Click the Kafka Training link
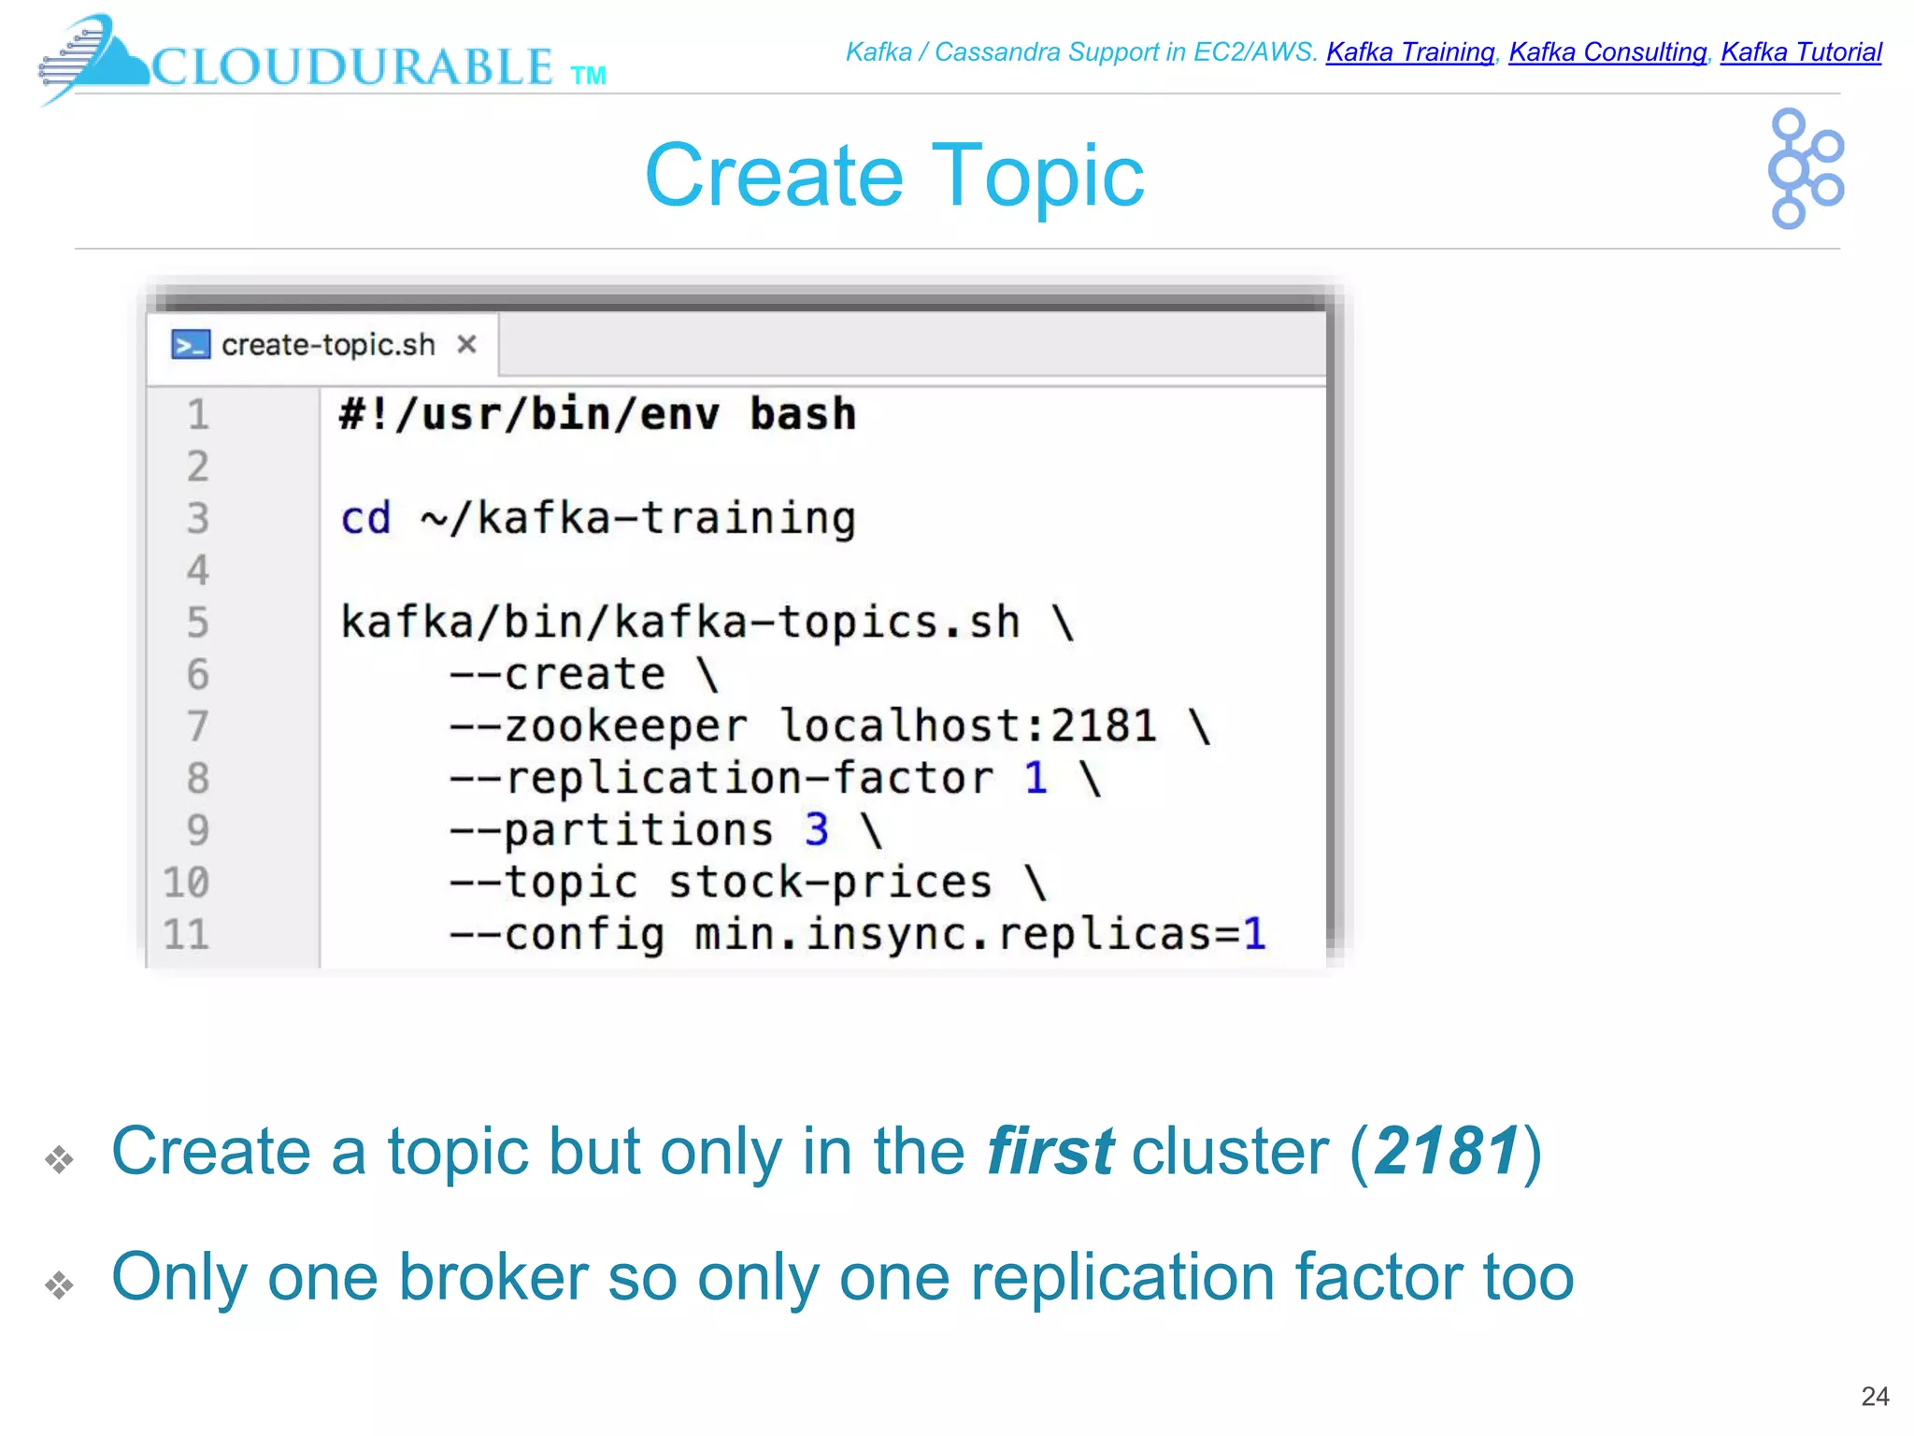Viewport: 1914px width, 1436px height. click(x=1409, y=52)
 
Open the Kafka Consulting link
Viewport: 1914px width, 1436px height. click(x=1607, y=52)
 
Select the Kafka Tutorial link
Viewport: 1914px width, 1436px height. click(x=1801, y=52)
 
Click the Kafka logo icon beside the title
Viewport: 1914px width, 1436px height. click(x=1805, y=169)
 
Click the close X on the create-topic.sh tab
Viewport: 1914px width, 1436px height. click(x=466, y=345)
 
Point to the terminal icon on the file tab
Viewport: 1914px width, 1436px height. click(x=190, y=345)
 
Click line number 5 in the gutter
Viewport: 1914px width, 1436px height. click(x=197, y=623)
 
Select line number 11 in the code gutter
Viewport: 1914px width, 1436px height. click(x=186, y=934)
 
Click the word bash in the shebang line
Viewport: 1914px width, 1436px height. click(x=803, y=414)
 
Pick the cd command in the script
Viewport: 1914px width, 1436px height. click(x=364, y=519)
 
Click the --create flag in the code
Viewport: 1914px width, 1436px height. click(x=557, y=674)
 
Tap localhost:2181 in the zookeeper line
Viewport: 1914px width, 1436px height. click(x=968, y=726)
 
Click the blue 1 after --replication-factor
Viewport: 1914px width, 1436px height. click(x=1036, y=778)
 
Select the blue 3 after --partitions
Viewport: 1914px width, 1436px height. click(x=817, y=830)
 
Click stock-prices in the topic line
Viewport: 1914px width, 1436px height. click(x=830, y=883)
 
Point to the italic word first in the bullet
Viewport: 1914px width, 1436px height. click(x=1050, y=1151)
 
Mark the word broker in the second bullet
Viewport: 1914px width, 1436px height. click(x=493, y=1277)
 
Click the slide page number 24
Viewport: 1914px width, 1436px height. click(x=1875, y=1397)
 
